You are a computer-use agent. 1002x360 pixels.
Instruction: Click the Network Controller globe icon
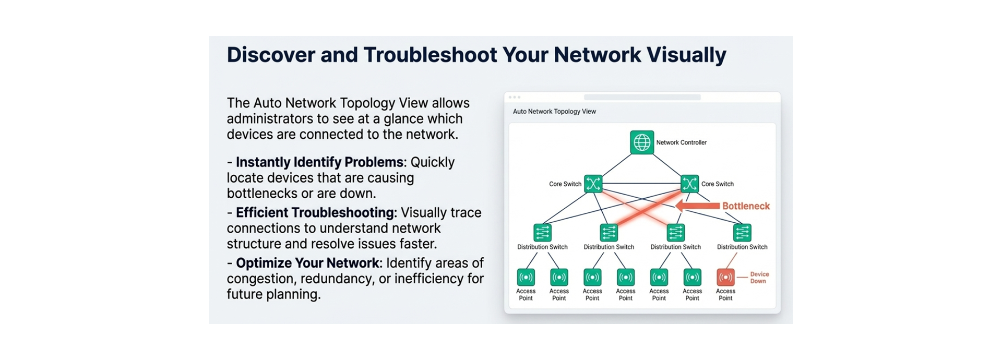(642, 142)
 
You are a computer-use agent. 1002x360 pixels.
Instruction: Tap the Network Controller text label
(681, 142)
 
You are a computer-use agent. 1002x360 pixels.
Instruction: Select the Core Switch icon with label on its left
(593, 184)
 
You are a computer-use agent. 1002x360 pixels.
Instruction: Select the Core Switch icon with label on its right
(690, 184)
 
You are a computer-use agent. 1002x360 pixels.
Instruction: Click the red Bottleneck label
(746, 206)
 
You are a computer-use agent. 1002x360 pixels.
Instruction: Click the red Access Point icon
(725, 277)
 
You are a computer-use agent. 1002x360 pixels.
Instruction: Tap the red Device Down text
(759, 278)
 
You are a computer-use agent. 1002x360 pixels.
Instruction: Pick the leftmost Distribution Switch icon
(542, 232)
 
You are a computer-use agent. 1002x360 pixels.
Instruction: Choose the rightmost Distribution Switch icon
(742, 232)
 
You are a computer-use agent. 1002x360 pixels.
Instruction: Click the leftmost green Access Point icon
(526, 277)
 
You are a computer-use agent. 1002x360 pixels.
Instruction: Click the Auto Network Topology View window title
(554, 111)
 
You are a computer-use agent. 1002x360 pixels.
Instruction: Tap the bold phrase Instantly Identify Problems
(319, 162)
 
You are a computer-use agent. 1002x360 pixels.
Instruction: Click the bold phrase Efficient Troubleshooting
(315, 213)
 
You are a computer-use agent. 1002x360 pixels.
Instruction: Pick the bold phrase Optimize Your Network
(308, 263)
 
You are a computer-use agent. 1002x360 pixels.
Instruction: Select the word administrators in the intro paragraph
(270, 119)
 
